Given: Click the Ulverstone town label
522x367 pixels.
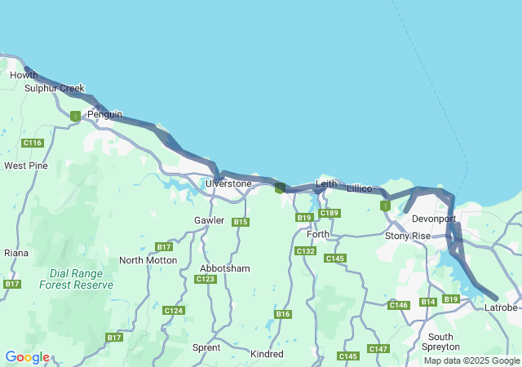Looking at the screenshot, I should click(228, 183).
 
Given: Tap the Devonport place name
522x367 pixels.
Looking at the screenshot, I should click(434, 219).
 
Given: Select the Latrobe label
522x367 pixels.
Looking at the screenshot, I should click(501, 307).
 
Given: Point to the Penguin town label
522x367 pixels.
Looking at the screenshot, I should click(104, 115).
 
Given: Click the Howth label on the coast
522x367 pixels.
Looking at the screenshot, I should click(24, 75).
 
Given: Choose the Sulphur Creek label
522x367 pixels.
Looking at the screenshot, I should click(54, 88).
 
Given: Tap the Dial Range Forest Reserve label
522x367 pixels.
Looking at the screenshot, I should click(77, 279).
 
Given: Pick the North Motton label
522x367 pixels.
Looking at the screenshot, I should click(148, 260).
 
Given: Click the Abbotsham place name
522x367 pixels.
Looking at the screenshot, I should click(225, 268).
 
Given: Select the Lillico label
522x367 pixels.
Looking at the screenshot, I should click(360, 188).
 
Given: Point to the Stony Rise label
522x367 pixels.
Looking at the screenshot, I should click(407, 237).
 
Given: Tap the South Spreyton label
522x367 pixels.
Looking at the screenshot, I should click(440, 342).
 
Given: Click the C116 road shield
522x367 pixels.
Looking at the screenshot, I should click(33, 143).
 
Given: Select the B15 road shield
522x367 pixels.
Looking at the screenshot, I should click(240, 222).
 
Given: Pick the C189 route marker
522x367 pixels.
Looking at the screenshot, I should click(329, 214).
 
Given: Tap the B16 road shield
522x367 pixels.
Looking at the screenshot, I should click(283, 314).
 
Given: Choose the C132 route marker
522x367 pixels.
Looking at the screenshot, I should click(305, 251).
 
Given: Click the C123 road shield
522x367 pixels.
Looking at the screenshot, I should click(206, 279).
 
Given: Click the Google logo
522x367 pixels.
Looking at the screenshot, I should click(27, 357).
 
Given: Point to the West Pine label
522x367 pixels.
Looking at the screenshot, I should click(26, 166).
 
